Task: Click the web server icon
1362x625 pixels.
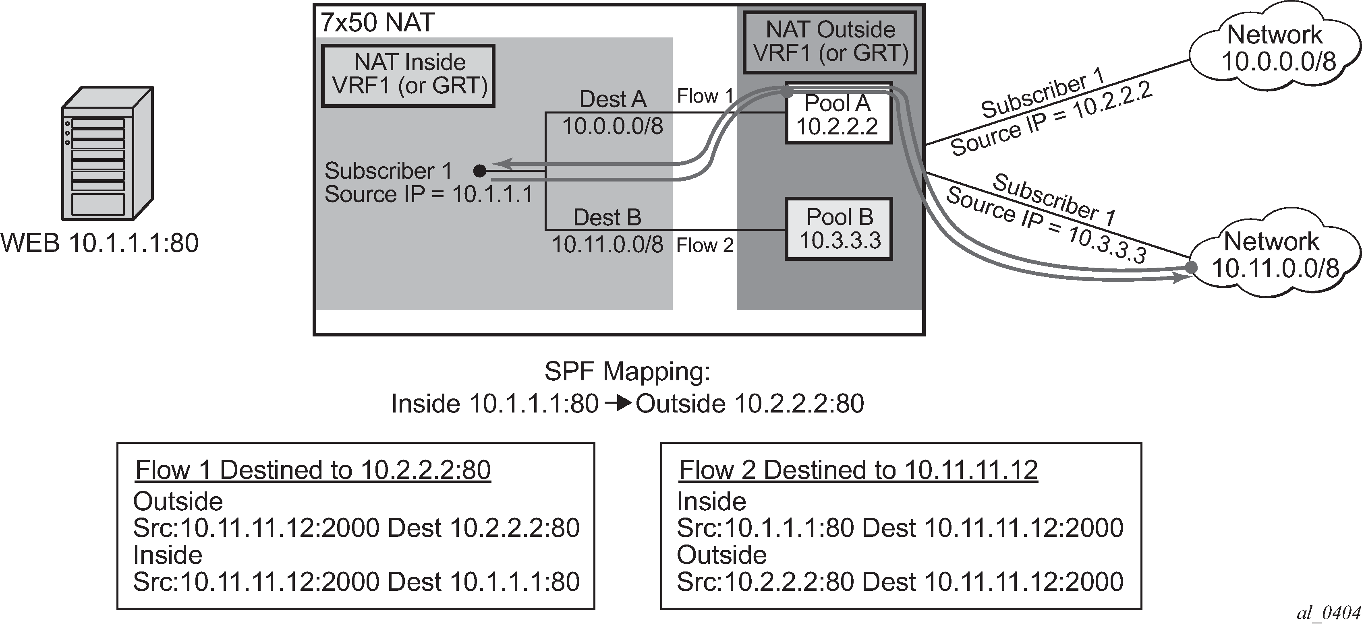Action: click(107, 153)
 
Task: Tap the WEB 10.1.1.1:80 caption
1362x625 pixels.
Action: click(100, 243)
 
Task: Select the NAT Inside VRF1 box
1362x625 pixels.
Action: click(408, 76)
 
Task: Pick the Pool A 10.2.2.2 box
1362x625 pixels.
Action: click(839, 113)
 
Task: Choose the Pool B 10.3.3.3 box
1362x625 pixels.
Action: click(839, 229)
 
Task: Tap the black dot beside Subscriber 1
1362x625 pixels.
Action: click(479, 171)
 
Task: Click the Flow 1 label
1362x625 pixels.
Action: click(705, 96)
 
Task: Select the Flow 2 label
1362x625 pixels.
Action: click(705, 245)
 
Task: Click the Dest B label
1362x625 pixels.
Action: click(607, 218)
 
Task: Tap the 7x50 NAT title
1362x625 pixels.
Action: click(377, 23)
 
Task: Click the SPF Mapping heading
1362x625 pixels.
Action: click(628, 372)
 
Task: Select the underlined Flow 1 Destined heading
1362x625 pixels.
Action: click(313, 470)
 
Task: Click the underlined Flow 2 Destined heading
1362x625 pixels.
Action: click(858, 470)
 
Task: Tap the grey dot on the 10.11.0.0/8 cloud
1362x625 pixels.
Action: click(1191, 267)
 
